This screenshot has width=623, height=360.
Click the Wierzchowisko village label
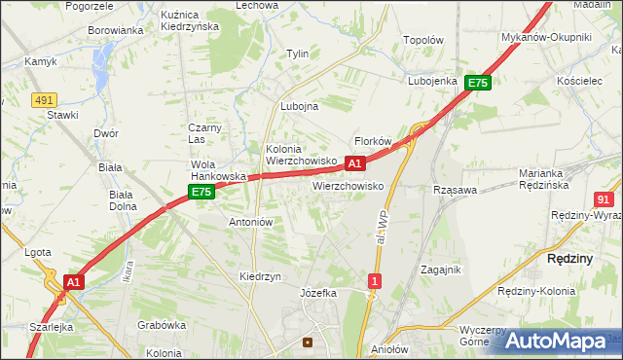pyautogui.click(x=348, y=185)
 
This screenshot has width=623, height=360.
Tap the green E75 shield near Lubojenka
pyautogui.click(x=477, y=84)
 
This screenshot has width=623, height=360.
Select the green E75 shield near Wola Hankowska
pyautogui.click(x=202, y=193)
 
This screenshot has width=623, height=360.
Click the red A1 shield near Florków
pyautogui.click(x=355, y=163)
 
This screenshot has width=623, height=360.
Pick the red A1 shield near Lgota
pyautogui.click(x=72, y=282)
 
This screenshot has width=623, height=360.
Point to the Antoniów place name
pyautogui.click(x=250, y=222)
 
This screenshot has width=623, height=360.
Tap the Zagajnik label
pyautogui.click(x=440, y=270)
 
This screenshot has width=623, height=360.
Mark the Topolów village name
pyautogui.click(x=423, y=43)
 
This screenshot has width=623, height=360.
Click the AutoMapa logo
pyautogui.click(x=555, y=341)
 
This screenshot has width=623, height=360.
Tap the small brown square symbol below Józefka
pyautogui.click(x=309, y=342)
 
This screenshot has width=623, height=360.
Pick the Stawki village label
pyautogui.click(x=62, y=115)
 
